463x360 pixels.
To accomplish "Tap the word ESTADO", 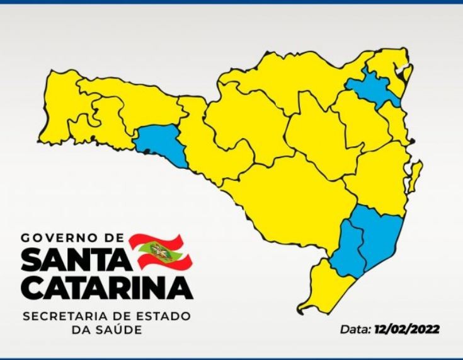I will [164, 315].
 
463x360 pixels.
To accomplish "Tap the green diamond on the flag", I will [152, 252].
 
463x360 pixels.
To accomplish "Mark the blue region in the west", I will [161, 143].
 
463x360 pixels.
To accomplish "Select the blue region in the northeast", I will [372, 89].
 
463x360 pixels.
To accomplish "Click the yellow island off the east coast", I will [415, 176].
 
